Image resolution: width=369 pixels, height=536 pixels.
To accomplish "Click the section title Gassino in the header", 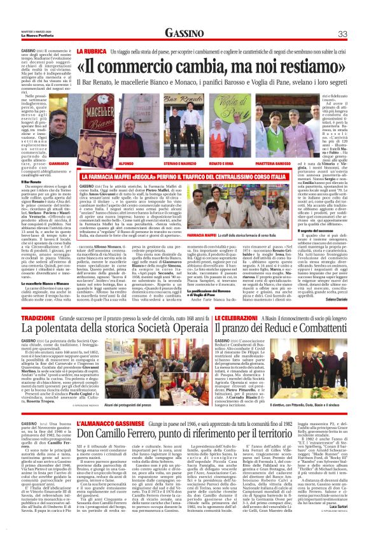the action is (184, 33).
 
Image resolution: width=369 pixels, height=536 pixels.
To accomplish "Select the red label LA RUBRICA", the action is (91, 50).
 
